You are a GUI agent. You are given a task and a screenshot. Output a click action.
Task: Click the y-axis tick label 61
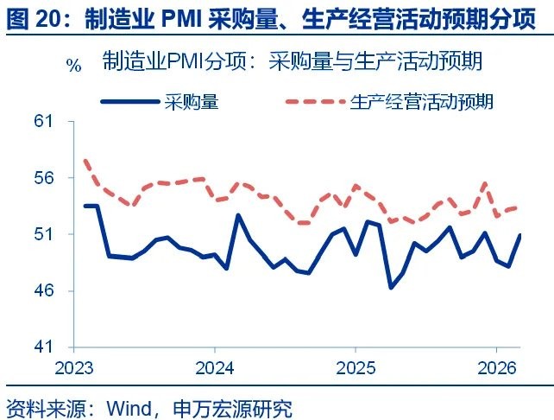click(43, 122)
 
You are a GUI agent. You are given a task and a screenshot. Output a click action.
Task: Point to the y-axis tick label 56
click(43, 178)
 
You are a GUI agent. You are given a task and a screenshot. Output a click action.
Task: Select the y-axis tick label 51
click(43, 234)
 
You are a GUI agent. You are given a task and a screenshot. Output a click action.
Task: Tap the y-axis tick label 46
click(43, 290)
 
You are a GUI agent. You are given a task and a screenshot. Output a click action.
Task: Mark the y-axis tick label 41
click(43, 347)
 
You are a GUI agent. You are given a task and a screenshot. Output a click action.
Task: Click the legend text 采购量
click(191, 101)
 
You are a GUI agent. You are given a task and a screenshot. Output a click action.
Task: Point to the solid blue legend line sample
click(130, 101)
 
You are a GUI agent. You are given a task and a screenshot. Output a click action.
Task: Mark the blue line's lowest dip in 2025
click(390, 287)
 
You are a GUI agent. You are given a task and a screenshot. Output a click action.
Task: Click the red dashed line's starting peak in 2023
click(85, 161)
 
